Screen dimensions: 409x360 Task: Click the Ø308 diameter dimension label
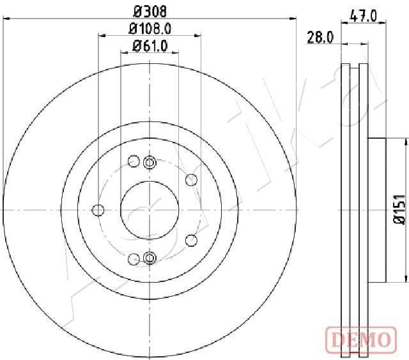[x=150, y=12]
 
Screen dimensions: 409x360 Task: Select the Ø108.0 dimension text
[x=150, y=29]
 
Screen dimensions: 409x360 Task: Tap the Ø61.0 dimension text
[x=150, y=46]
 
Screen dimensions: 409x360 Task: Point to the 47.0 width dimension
[x=364, y=16]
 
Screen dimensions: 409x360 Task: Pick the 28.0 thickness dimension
[x=320, y=37]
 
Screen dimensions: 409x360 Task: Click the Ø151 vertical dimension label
[x=399, y=209]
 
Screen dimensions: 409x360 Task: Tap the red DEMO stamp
[x=361, y=340]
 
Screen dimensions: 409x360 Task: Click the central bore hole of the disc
[x=150, y=210]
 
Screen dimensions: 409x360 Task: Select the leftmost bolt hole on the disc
[x=98, y=210]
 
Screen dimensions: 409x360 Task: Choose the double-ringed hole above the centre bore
[x=150, y=162]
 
